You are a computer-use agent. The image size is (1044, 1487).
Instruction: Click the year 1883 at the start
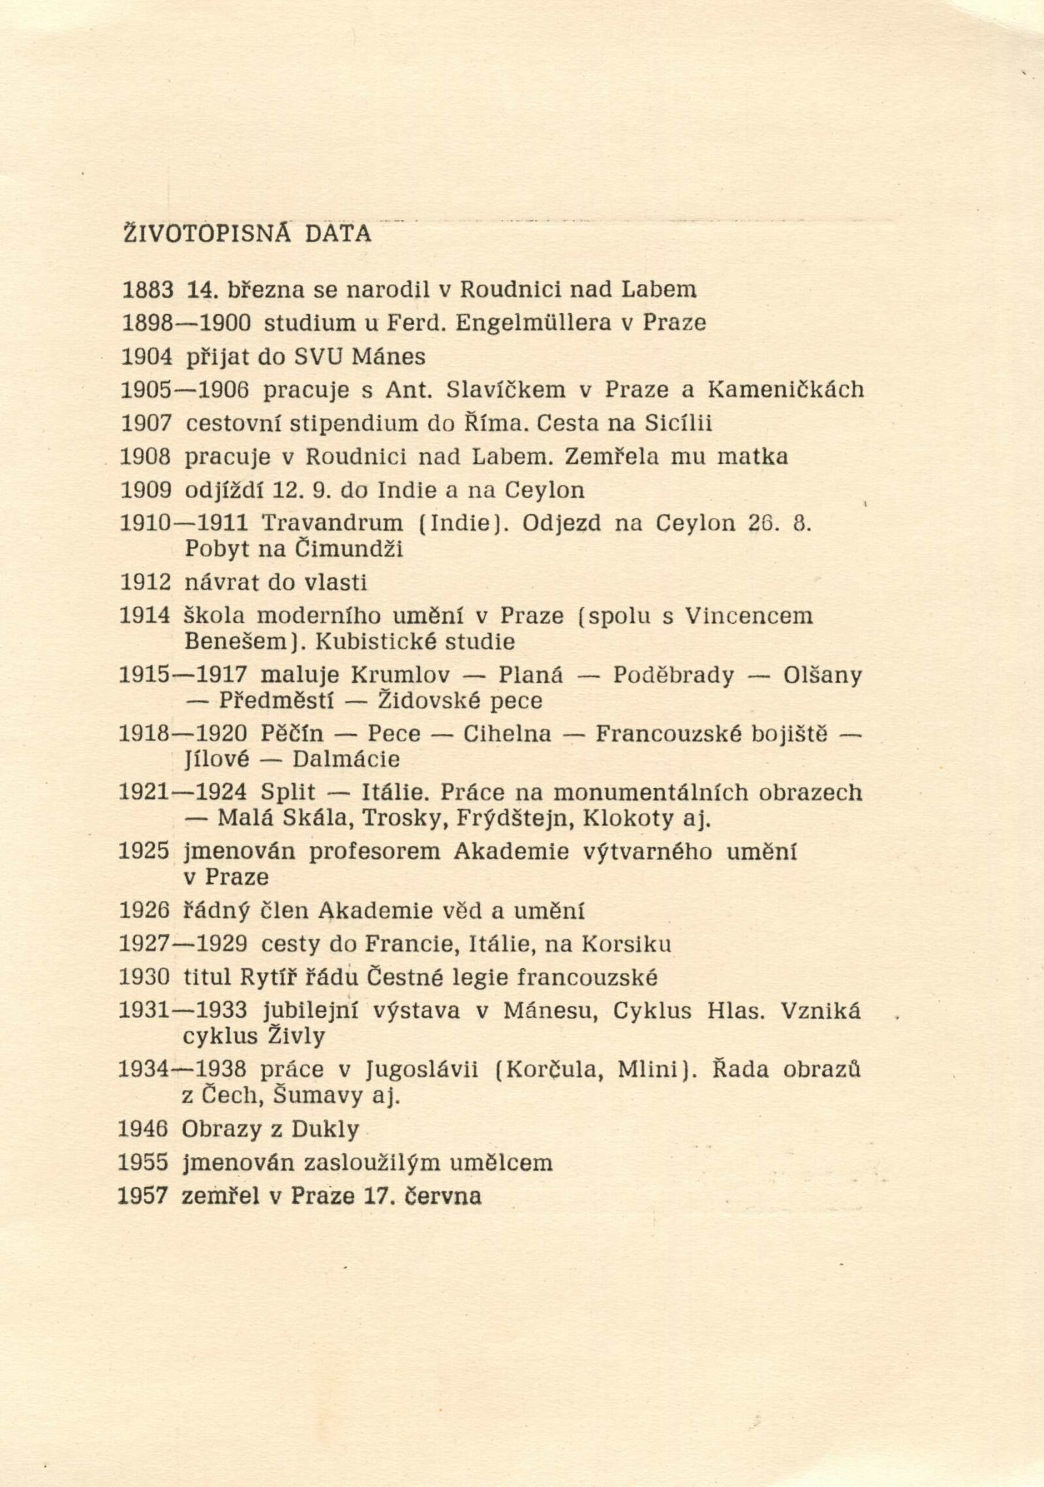[147, 289]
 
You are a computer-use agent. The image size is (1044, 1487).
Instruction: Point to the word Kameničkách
[786, 390]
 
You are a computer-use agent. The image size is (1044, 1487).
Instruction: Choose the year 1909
[146, 490]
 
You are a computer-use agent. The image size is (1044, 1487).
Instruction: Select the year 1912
[145, 582]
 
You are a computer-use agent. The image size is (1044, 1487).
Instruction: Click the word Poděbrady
[673, 675]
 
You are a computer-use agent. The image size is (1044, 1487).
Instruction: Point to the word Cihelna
[507, 734]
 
